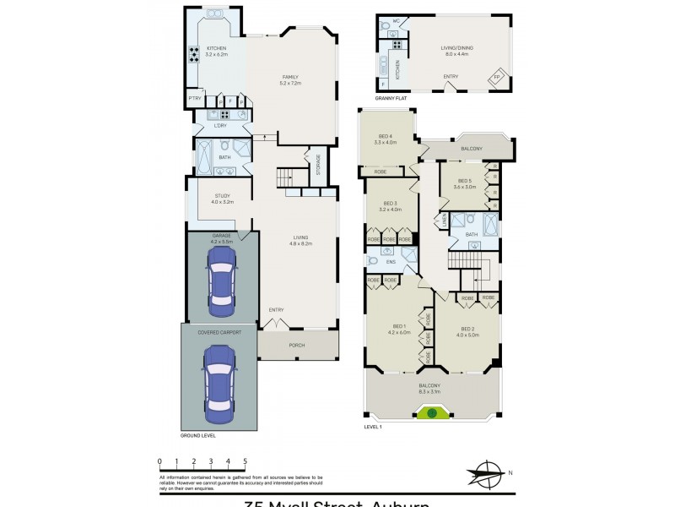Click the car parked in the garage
click(x=221, y=282)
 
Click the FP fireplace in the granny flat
click(x=497, y=78)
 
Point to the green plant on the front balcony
click(x=431, y=413)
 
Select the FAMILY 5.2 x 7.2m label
click(x=290, y=80)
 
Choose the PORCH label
click(x=297, y=345)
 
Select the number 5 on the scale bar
click(x=245, y=461)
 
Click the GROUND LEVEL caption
click(x=198, y=435)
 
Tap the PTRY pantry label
click(x=195, y=99)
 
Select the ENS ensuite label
click(x=391, y=261)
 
